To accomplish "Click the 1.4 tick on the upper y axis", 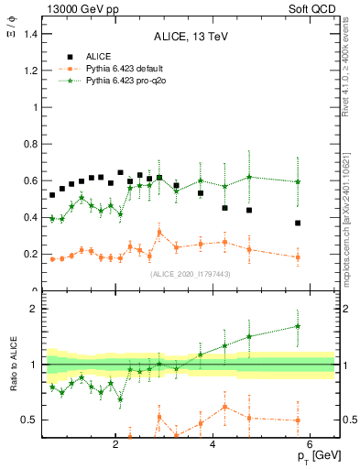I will tap(33, 34).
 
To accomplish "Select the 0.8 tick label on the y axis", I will tap(33, 144).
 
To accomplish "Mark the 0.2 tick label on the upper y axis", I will tap(33, 254).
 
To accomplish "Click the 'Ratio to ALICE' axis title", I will tap(14, 364).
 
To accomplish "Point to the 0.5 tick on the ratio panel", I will tap(33, 420).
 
